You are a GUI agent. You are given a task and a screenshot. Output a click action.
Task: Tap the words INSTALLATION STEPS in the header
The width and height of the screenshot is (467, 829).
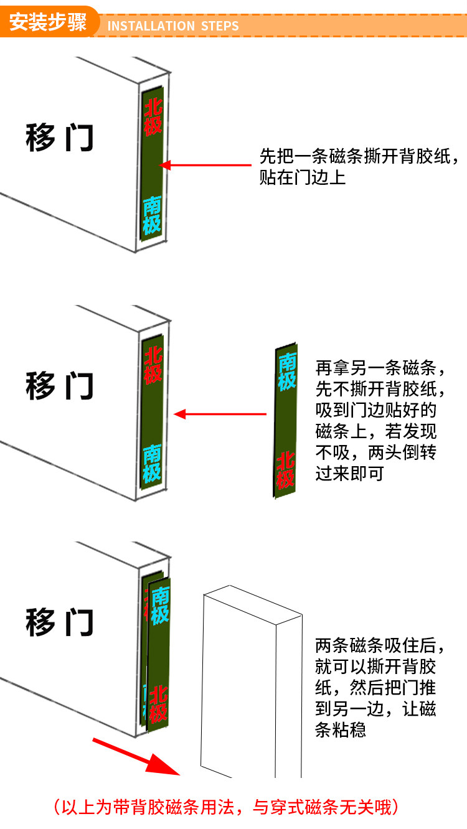pyautogui.click(x=173, y=26)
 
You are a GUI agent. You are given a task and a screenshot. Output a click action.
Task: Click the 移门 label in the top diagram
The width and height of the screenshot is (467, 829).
pyautogui.click(x=59, y=138)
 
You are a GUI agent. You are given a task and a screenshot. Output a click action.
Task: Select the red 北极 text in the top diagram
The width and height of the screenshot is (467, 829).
pyautogui.click(x=153, y=117)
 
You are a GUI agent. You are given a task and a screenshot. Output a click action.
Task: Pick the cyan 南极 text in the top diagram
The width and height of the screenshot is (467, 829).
pyautogui.click(x=152, y=215)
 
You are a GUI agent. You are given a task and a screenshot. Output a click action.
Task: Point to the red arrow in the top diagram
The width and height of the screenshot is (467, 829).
pyautogui.click(x=205, y=165)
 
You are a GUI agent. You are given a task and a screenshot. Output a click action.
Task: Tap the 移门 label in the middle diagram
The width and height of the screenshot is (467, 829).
pyautogui.click(x=59, y=386)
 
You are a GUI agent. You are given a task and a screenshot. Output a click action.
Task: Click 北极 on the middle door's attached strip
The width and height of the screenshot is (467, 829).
pyautogui.click(x=153, y=365)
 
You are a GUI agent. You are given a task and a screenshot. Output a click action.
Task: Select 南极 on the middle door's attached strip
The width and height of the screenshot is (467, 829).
pyautogui.click(x=152, y=464)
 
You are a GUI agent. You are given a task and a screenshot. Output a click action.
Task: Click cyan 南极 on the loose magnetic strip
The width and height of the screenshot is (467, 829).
pyautogui.click(x=287, y=372)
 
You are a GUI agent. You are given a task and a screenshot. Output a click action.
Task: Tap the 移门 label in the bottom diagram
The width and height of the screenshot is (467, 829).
pyautogui.click(x=59, y=622)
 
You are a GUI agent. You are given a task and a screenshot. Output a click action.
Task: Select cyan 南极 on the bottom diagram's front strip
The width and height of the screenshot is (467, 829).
pyautogui.click(x=159, y=606)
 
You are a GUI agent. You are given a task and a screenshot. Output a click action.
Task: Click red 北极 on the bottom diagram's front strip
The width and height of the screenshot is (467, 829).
pyautogui.click(x=158, y=703)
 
